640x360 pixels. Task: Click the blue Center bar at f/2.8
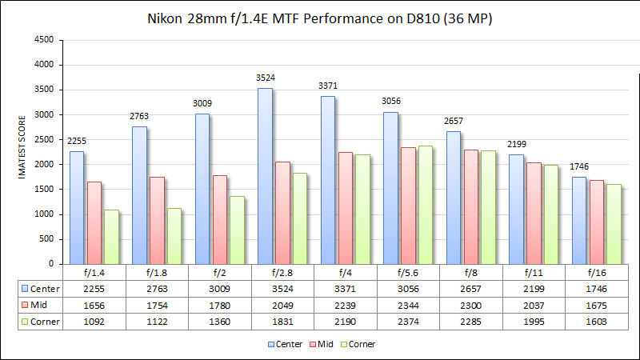[x=265, y=176]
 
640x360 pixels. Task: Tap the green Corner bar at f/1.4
[x=111, y=237]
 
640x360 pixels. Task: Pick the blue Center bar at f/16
[x=578, y=220]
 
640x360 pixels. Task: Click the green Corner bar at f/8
[x=487, y=207]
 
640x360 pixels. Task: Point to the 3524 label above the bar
[x=265, y=78]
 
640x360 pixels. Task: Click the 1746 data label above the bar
[x=578, y=167]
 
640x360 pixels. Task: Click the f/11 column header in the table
[x=534, y=271]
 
